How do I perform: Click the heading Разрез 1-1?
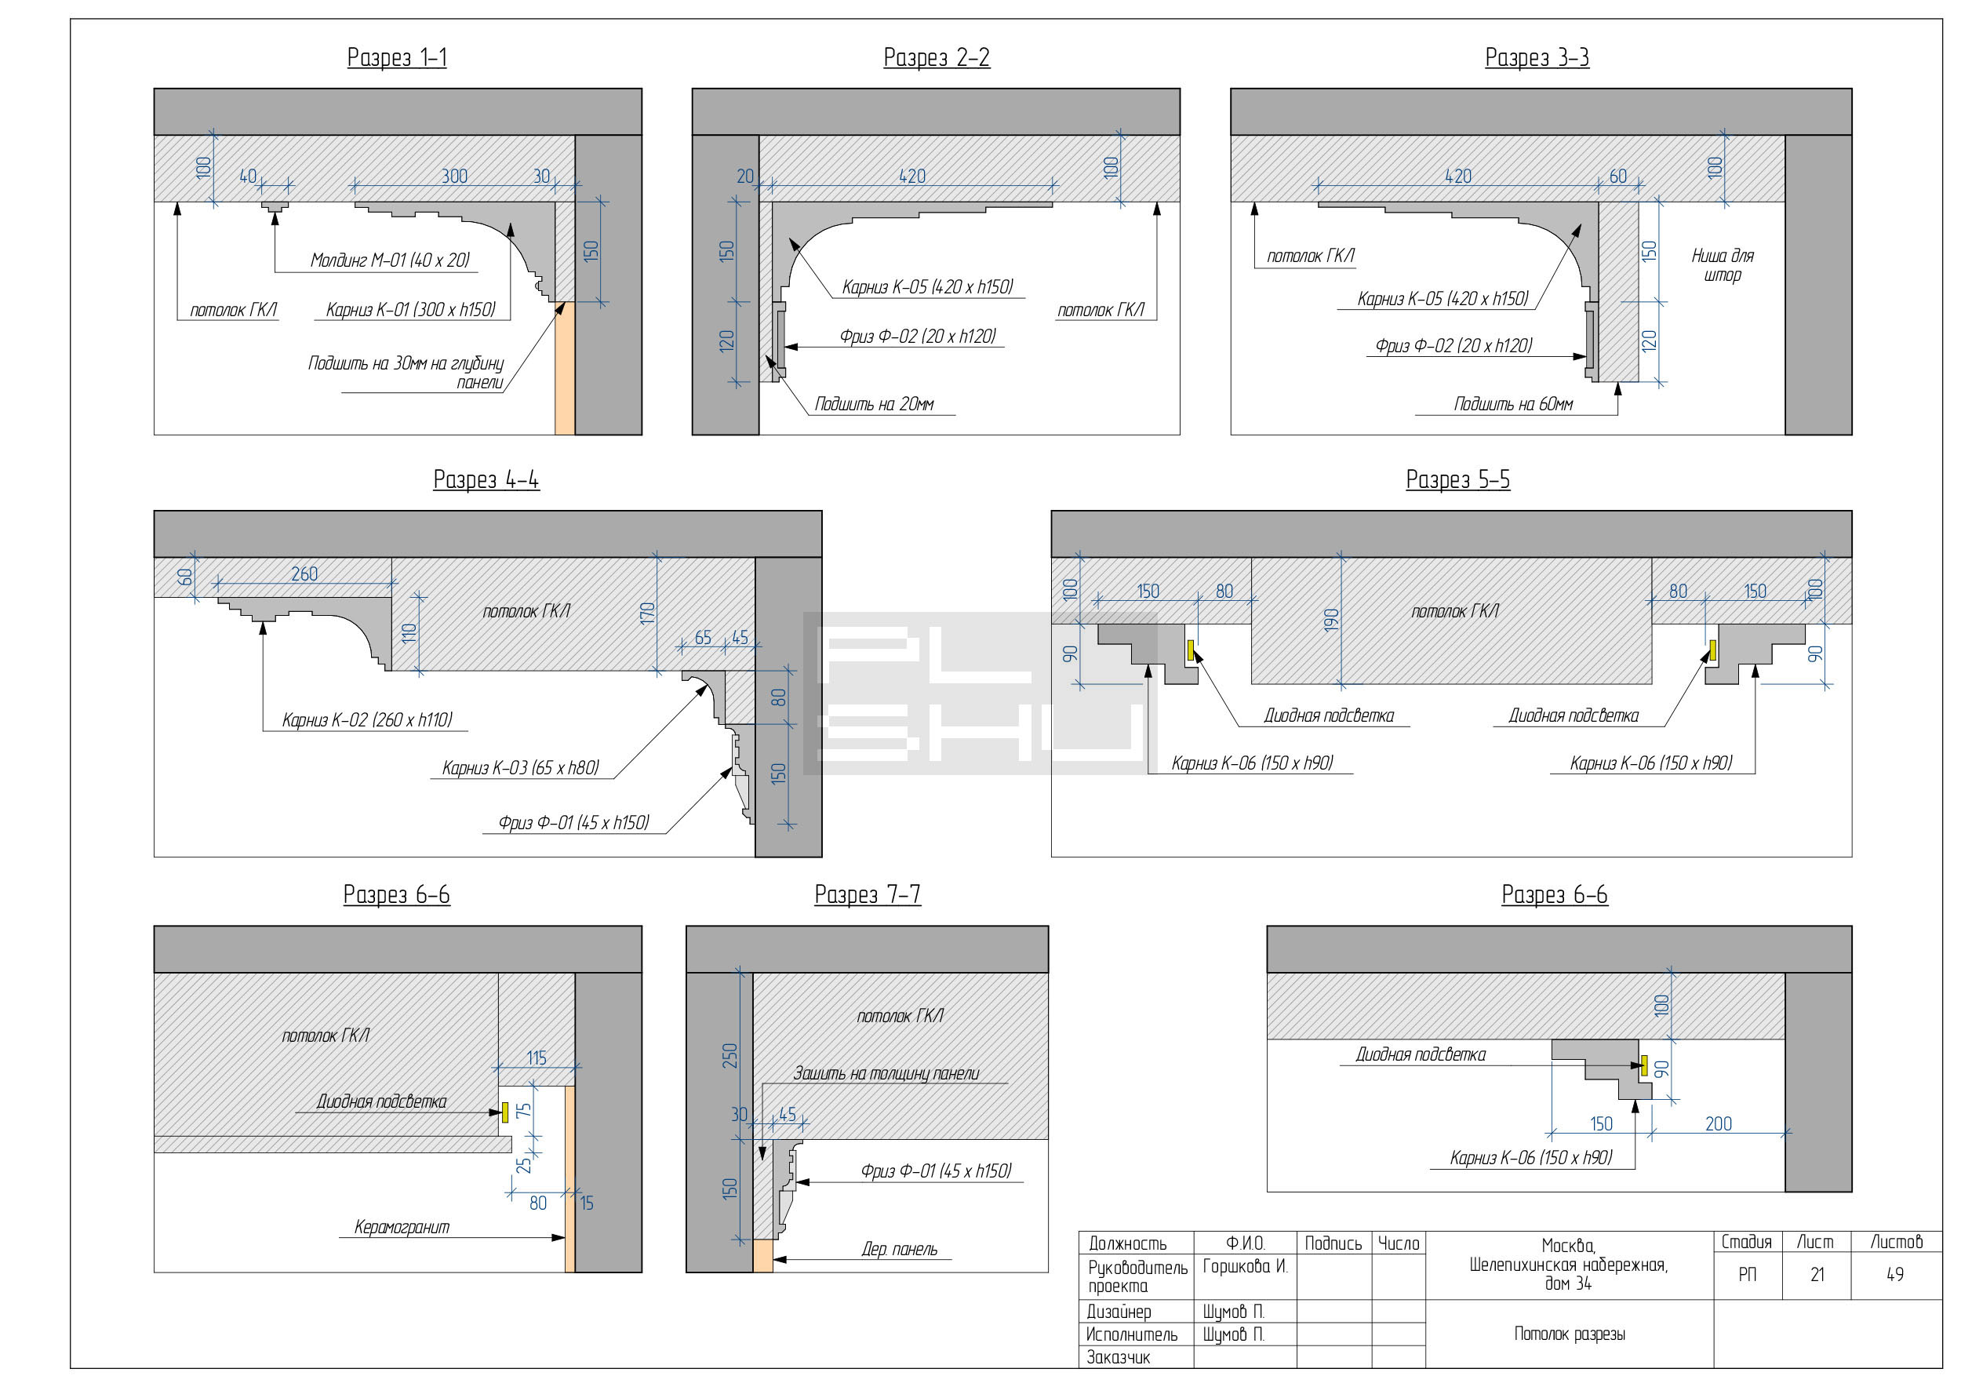pos(397,58)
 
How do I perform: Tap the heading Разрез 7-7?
pos(868,895)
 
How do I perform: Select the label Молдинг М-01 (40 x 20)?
pos(391,260)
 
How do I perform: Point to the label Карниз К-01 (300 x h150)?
pos(411,309)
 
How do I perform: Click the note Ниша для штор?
pos(1723,264)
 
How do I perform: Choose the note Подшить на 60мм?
pos(1513,404)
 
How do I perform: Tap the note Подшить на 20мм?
pos(874,404)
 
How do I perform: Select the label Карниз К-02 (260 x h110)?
pos(367,720)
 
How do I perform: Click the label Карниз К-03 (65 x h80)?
pos(521,768)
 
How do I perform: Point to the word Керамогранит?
pos(402,1227)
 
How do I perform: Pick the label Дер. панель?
pos(900,1250)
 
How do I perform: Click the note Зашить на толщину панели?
pos(886,1073)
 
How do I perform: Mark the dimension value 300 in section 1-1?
pos(454,176)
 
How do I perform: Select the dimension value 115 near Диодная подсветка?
pos(537,1058)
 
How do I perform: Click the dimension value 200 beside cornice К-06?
pos(1719,1124)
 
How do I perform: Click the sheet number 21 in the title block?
pos(1817,1275)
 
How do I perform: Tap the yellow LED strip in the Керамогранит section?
pos(506,1112)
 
